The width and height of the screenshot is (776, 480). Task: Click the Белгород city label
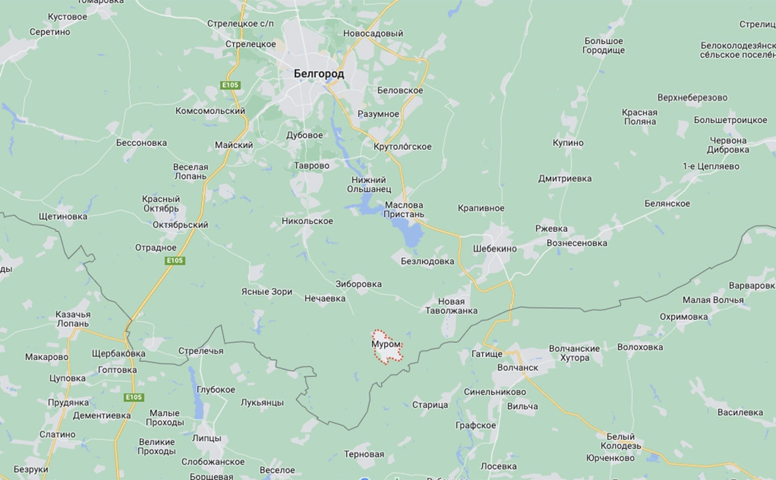pyautogui.click(x=319, y=74)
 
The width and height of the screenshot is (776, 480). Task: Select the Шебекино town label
pyautogui.click(x=495, y=249)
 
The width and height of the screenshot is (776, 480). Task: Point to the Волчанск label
pyautogui.click(x=518, y=368)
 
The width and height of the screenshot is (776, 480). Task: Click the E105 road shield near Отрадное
pyautogui.click(x=175, y=261)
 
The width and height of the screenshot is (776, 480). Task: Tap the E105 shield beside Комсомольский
pyautogui.click(x=230, y=85)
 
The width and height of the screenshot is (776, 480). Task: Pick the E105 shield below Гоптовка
pyautogui.click(x=134, y=397)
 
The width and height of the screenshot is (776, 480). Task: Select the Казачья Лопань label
pyautogui.click(x=73, y=319)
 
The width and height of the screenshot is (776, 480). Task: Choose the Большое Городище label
pyautogui.click(x=603, y=46)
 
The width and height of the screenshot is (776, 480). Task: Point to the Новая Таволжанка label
pyautogui.click(x=451, y=306)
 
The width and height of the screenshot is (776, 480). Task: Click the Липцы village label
pyautogui.click(x=206, y=438)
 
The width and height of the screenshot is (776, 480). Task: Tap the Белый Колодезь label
pyautogui.click(x=620, y=441)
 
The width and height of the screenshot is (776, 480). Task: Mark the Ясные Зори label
pyautogui.click(x=266, y=292)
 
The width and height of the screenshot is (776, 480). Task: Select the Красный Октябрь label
pyautogui.click(x=160, y=204)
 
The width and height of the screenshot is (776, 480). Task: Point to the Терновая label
pyautogui.click(x=364, y=454)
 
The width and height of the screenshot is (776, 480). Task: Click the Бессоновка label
pyautogui.click(x=141, y=143)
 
